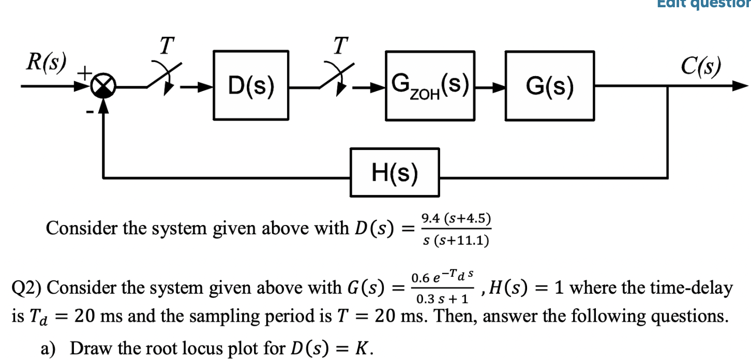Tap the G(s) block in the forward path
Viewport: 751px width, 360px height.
(550, 86)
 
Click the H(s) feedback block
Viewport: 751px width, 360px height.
(395, 172)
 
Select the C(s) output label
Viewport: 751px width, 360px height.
(701, 66)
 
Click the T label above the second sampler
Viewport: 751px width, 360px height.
(339, 46)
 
